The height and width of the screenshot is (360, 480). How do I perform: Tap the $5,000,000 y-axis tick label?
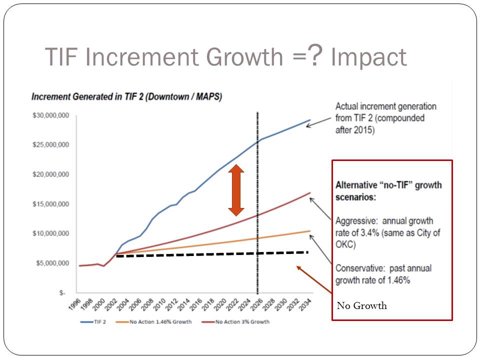tap(51, 263)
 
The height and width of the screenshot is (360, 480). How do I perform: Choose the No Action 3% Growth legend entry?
tap(242, 321)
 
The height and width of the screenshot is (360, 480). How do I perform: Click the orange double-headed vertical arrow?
tap(236, 190)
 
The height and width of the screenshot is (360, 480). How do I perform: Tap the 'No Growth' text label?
tap(361, 305)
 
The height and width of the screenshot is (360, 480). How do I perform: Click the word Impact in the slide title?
tap(369, 57)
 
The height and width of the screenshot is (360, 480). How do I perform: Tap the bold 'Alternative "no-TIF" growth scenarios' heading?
tap(388, 190)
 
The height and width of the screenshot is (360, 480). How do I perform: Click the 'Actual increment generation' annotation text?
tap(385, 106)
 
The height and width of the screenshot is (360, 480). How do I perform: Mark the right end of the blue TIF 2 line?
tap(310, 120)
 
